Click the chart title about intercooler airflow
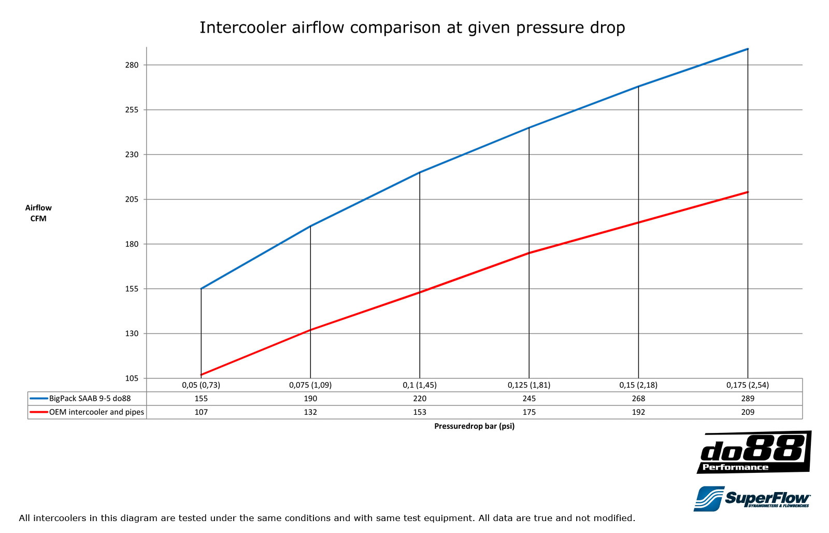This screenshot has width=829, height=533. pyautogui.click(x=412, y=27)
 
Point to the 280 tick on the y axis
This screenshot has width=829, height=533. pyautogui.click(x=132, y=65)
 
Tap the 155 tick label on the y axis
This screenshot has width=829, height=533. pyautogui.click(x=132, y=289)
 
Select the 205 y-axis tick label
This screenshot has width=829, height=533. pyautogui.click(x=132, y=199)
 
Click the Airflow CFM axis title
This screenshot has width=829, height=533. pyautogui.click(x=38, y=213)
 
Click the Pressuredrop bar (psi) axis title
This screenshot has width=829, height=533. pyautogui.click(x=474, y=426)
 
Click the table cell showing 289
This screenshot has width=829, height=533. pyautogui.click(x=747, y=399)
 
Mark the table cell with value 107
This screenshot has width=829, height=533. pyautogui.click(x=201, y=412)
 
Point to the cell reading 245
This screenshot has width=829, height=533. pyautogui.click(x=528, y=399)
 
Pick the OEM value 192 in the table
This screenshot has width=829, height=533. pyautogui.click(x=638, y=412)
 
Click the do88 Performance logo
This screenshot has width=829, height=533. pyautogui.click(x=754, y=452)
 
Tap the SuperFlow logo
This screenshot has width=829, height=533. pyautogui.click(x=752, y=499)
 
